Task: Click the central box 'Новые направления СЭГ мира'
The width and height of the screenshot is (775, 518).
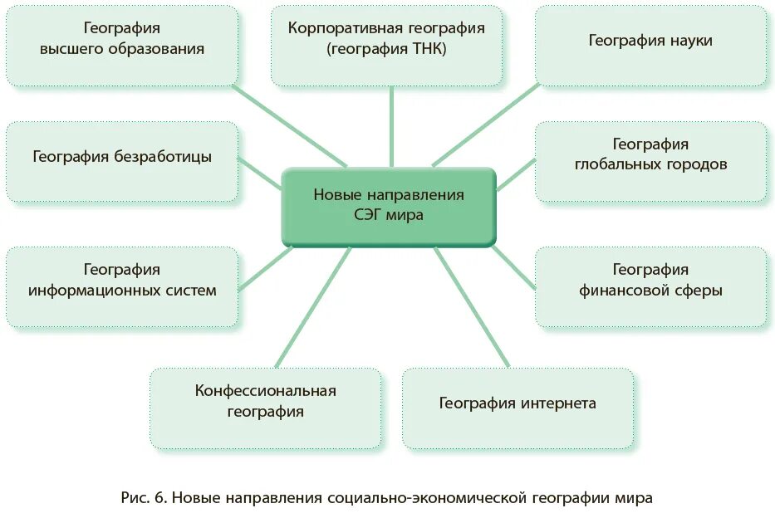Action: coord(389,206)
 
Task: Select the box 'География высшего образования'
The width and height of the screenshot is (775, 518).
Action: coord(122,46)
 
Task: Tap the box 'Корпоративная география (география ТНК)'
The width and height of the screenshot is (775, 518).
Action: coord(387,46)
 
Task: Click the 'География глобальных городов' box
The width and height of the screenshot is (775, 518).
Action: coord(650,162)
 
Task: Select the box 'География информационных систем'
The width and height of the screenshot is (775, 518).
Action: coord(122,286)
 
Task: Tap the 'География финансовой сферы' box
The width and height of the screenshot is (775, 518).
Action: coord(650,286)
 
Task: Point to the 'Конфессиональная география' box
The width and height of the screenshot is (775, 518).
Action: coord(266,408)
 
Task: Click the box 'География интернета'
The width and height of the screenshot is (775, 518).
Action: coord(517,408)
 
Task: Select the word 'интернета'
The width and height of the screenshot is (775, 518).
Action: coord(558,403)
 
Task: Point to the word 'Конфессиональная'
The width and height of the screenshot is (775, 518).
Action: coord(266,390)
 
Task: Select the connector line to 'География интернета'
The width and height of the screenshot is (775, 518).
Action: coord(471,307)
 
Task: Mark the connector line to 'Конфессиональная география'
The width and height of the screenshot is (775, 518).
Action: coord(312,307)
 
